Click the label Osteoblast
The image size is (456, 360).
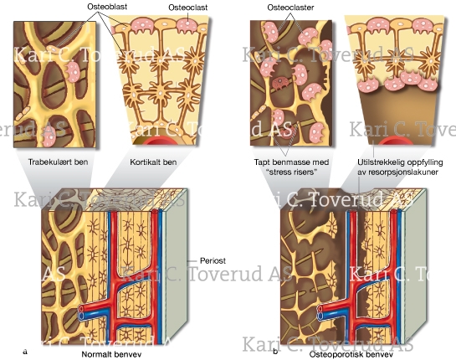[107, 7]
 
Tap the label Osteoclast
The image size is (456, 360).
[188, 8]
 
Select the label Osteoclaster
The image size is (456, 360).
[290, 8]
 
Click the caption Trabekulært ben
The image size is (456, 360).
[59, 162]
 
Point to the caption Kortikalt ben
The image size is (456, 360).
[153, 162]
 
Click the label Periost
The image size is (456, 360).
[213, 260]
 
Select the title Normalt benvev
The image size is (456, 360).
[111, 354]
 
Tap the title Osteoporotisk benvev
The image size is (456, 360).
[351, 354]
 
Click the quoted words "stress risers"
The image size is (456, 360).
[292, 172]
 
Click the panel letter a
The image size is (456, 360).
[25, 352]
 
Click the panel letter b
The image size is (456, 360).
[275, 352]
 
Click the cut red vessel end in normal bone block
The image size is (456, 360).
[82, 308]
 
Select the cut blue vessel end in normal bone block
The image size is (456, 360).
[81, 316]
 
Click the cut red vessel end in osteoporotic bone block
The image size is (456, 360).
[321, 308]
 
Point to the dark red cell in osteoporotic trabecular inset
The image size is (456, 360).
[279, 84]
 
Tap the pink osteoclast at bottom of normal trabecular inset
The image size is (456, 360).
[49, 140]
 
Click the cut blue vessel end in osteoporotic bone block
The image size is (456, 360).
[321, 316]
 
